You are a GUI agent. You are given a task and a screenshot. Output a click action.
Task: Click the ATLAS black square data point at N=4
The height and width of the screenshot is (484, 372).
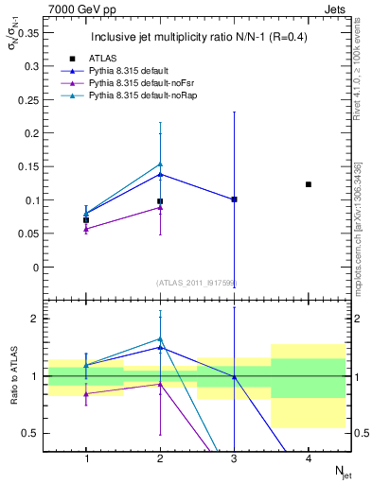(x=309, y=184)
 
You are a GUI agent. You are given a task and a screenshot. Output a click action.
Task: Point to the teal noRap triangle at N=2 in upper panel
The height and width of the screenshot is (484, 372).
(x=160, y=164)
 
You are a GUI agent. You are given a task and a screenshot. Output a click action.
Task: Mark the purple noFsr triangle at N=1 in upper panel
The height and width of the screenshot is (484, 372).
(x=86, y=229)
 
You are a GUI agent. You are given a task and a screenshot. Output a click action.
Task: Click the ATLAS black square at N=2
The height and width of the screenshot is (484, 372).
(x=160, y=201)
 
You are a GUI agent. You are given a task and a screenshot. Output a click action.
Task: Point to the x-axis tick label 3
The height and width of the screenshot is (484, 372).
(x=234, y=458)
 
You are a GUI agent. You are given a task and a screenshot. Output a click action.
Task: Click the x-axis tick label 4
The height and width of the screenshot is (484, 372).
(x=309, y=458)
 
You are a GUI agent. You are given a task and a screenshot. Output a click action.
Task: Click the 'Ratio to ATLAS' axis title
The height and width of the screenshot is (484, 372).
(x=12, y=376)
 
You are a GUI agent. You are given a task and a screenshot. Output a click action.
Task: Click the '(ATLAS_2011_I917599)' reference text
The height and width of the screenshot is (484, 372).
(x=197, y=283)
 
